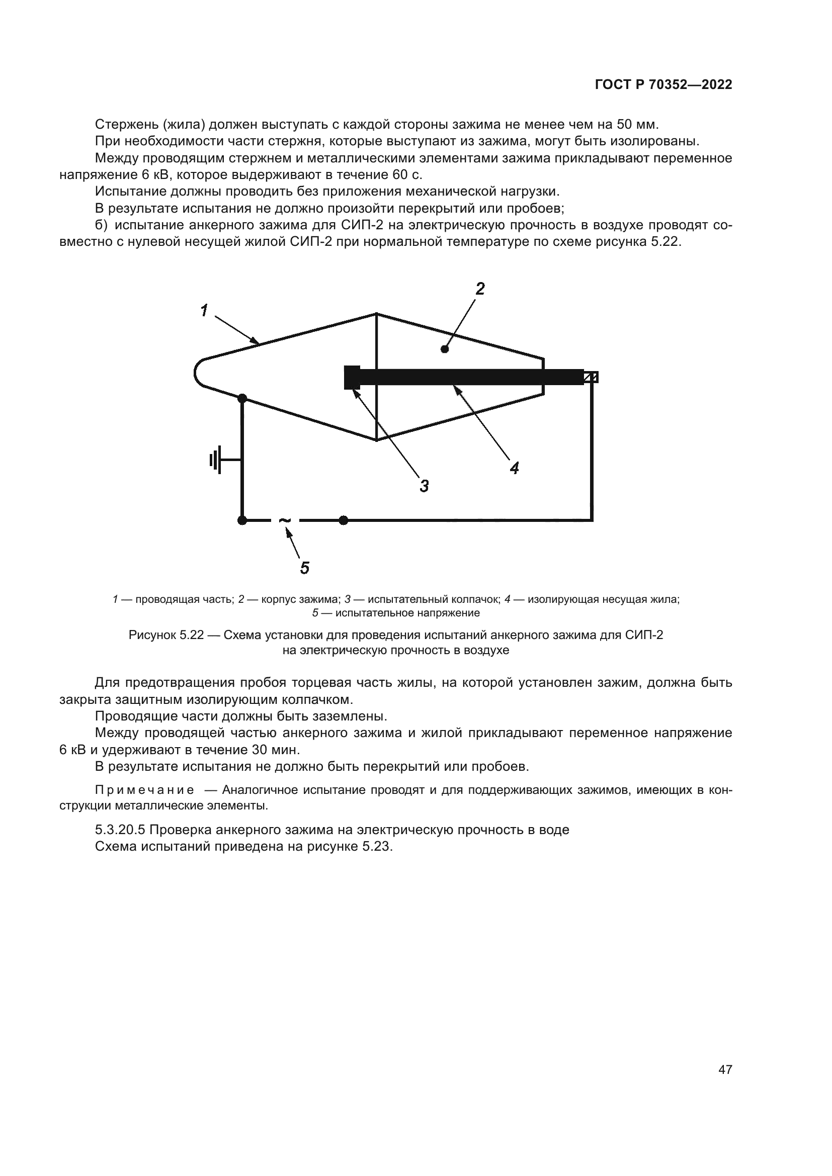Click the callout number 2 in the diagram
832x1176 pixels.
(479, 290)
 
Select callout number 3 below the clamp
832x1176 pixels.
(424, 486)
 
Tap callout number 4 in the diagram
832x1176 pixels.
(515, 468)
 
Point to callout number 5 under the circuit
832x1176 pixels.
(305, 568)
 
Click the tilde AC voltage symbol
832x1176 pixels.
(285, 520)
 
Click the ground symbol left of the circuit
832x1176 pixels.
(216, 460)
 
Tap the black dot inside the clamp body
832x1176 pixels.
(445, 349)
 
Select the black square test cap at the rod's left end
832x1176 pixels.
(352, 378)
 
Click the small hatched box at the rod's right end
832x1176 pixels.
(591, 378)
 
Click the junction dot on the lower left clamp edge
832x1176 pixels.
(242, 398)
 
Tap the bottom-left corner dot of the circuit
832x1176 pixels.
(242, 520)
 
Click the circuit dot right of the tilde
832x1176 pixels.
(344, 520)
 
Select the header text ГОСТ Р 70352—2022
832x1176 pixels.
(663, 85)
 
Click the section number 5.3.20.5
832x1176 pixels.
(120, 830)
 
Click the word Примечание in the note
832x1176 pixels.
(144, 790)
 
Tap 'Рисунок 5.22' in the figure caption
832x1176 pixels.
(166, 635)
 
